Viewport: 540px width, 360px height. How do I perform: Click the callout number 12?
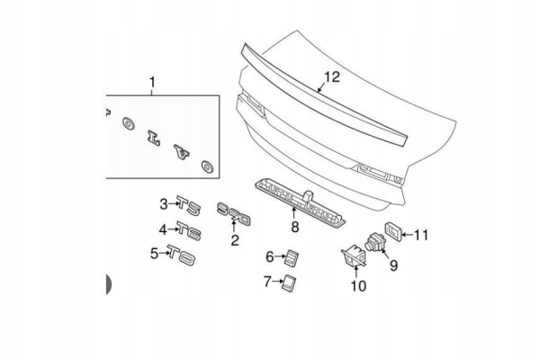pyautogui.click(x=332, y=76)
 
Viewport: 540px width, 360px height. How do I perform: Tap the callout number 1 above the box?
pyautogui.click(x=152, y=83)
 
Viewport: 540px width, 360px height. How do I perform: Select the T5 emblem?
pyautogui.click(x=188, y=205)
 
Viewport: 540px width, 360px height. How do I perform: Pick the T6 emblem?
pyautogui.click(x=189, y=230)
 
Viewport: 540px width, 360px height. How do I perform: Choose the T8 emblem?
pyautogui.click(x=182, y=255)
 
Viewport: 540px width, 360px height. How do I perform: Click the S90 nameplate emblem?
pyautogui.click(x=233, y=213)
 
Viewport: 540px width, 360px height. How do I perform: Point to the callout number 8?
pyautogui.click(x=295, y=227)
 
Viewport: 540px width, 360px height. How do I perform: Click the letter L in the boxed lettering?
pyautogui.click(x=153, y=138)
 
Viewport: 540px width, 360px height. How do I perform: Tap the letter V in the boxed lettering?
pyautogui.click(x=182, y=153)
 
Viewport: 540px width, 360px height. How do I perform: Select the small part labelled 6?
pyautogui.click(x=292, y=257)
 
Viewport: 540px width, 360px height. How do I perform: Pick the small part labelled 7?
pyautogui.click(x=289, y=283)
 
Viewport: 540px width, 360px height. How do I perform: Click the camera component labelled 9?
pyautogui.click(x=374, y=240)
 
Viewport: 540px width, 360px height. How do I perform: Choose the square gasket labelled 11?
pyautogui.click(x=392, y=232)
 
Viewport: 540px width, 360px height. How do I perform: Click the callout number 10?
pyautogui.click(x=358, y=285)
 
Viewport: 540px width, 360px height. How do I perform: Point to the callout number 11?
pyautogui.click(x=421, y=235)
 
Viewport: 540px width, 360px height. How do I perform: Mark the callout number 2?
pyautogui.click(x=235, y=240)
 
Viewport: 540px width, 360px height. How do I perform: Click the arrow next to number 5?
pyautogui.click(x=163, y=253)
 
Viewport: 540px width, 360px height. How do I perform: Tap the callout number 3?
pyautogui.click(x=164, y=204)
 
